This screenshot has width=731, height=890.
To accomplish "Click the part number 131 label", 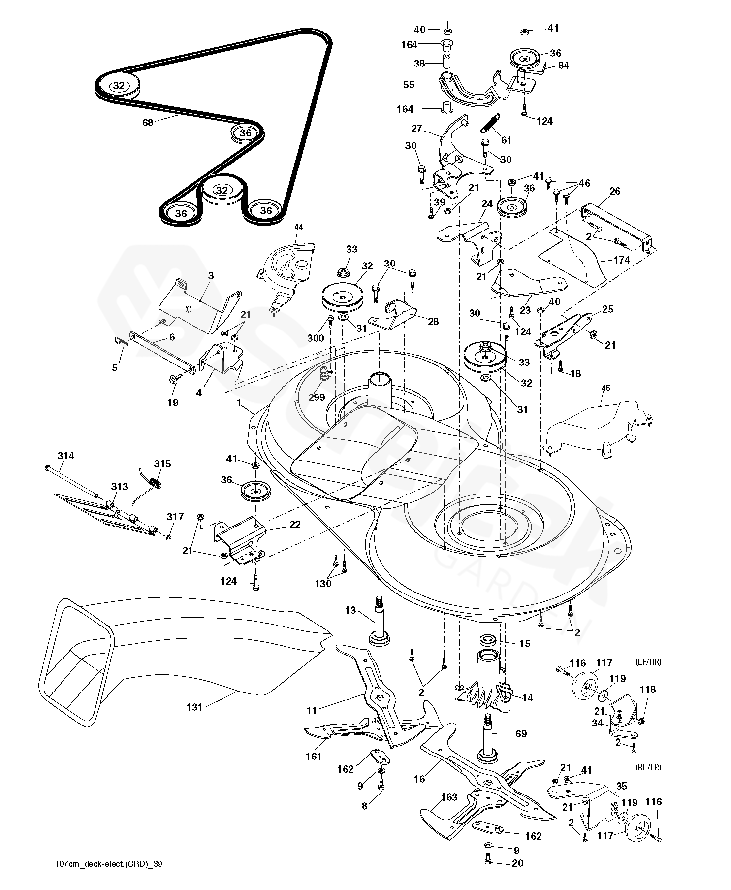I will pos(195,707).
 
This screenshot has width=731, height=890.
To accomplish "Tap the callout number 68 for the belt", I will pos(148,122).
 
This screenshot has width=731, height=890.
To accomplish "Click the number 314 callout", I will pos(65,456).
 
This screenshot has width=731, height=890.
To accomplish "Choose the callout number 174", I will pos(621,260).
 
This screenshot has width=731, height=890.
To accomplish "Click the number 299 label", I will pos(317,397).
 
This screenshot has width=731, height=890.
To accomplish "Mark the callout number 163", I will pos(449,797).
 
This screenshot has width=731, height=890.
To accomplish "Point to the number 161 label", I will pos(314,756).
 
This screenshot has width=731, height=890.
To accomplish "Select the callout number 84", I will pos(563,65).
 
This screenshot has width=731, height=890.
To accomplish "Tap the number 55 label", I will pos(409,84).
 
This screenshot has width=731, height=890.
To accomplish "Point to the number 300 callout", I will pos(316,338).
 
